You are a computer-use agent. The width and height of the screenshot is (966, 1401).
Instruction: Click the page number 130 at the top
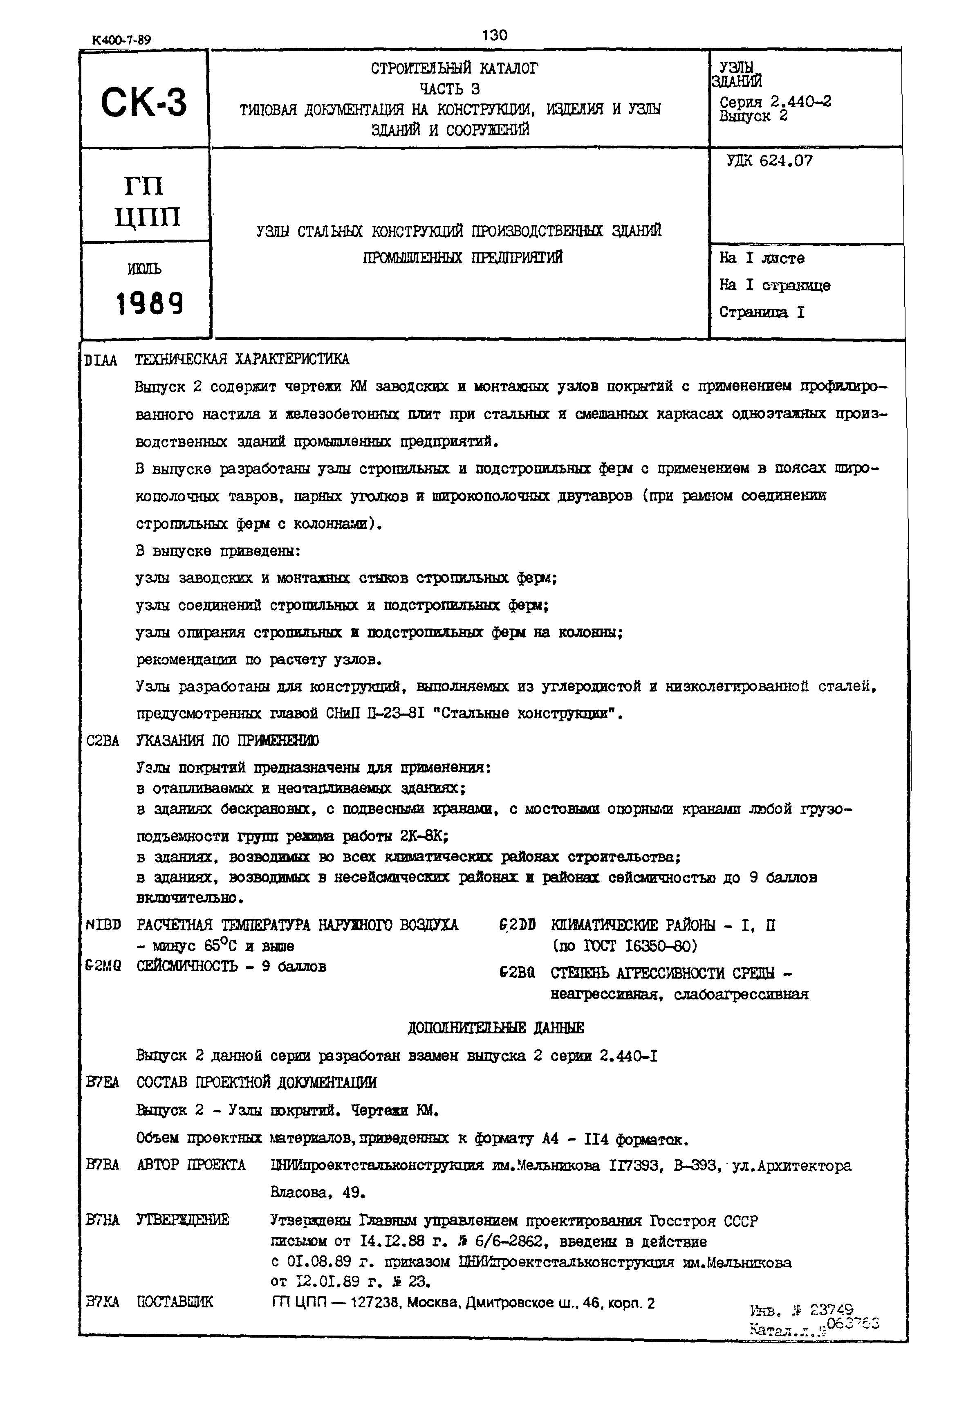495,35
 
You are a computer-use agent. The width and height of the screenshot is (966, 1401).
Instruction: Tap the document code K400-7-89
122,40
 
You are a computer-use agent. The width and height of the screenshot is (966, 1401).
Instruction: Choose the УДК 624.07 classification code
769,161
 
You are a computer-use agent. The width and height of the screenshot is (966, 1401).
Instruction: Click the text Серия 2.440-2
775,101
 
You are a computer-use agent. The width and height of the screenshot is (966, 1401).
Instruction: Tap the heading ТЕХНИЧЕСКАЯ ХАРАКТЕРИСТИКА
242,359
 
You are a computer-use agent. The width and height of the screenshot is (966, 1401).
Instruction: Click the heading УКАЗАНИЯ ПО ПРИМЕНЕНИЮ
228,741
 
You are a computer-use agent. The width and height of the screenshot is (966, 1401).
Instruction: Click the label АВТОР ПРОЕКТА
191,1165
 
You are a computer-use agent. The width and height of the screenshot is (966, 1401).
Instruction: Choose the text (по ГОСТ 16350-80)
624,946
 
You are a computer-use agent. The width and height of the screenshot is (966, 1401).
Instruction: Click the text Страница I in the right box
762,312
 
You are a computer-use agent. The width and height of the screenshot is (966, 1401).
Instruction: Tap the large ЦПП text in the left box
147,216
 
